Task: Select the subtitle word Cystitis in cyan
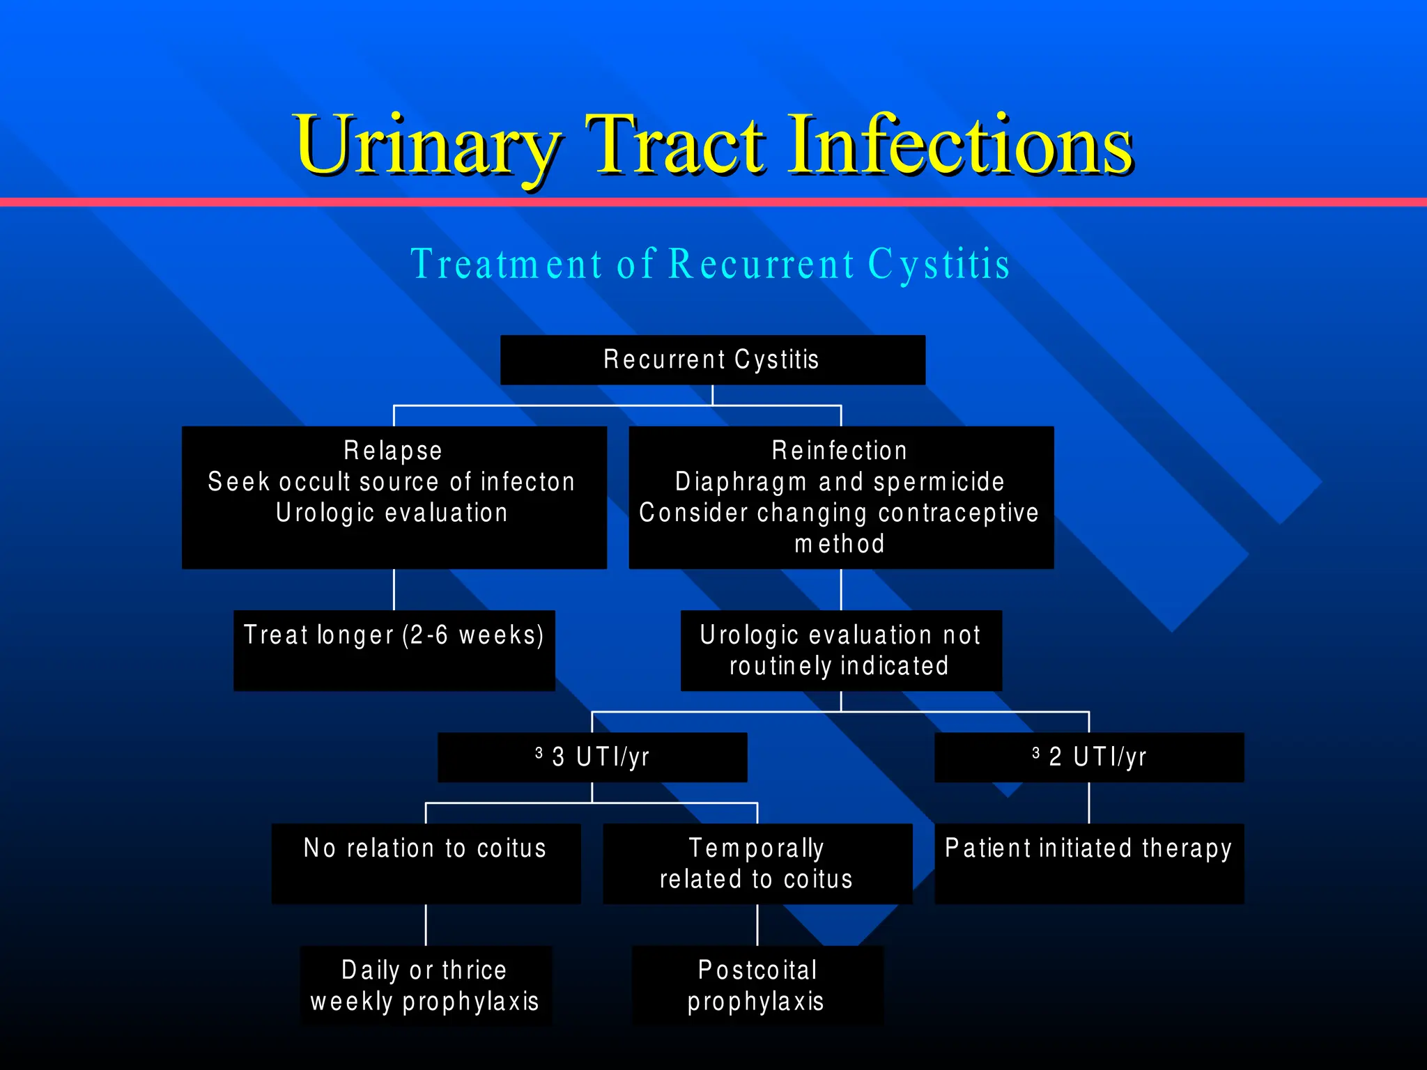(x=939, y=264)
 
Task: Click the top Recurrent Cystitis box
(x=712, y=359)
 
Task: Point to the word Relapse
(x=393, y=451)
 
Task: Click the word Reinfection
(x=840, y=451)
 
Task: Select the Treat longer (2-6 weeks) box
(x=394, y=649)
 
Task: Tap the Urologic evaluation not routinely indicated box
(x=840, y=650)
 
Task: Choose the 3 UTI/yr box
(x=592, y=757)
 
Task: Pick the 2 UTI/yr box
(x=1089, y=757)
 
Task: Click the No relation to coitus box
(x=426, y=863)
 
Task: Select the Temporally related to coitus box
(x=757, y=863)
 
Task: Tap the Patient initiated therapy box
(x=1089, y=863)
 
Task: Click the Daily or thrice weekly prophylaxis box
(x=426, y=985)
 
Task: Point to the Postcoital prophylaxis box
(x=757, y=985)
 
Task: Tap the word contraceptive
(x=958, y=513)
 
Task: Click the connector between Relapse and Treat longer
(x=394, y=589)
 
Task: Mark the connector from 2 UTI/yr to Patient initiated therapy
(x=1089, y=802)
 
